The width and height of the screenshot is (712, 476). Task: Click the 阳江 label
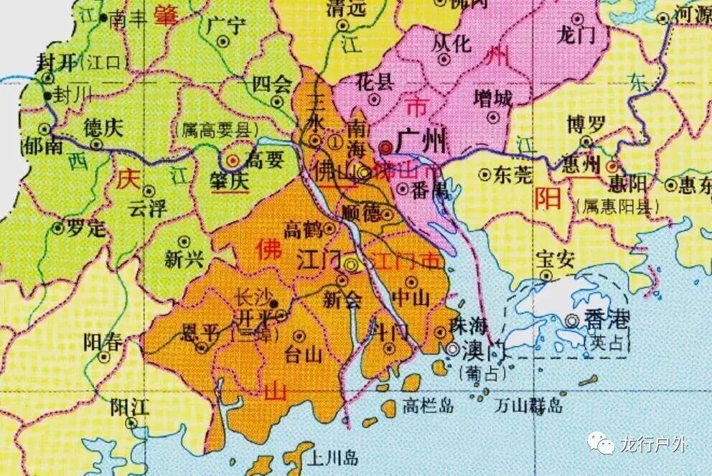[130, 406]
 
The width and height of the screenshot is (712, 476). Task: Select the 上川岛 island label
[330, 457]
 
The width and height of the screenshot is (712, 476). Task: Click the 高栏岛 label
[428, 406]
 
